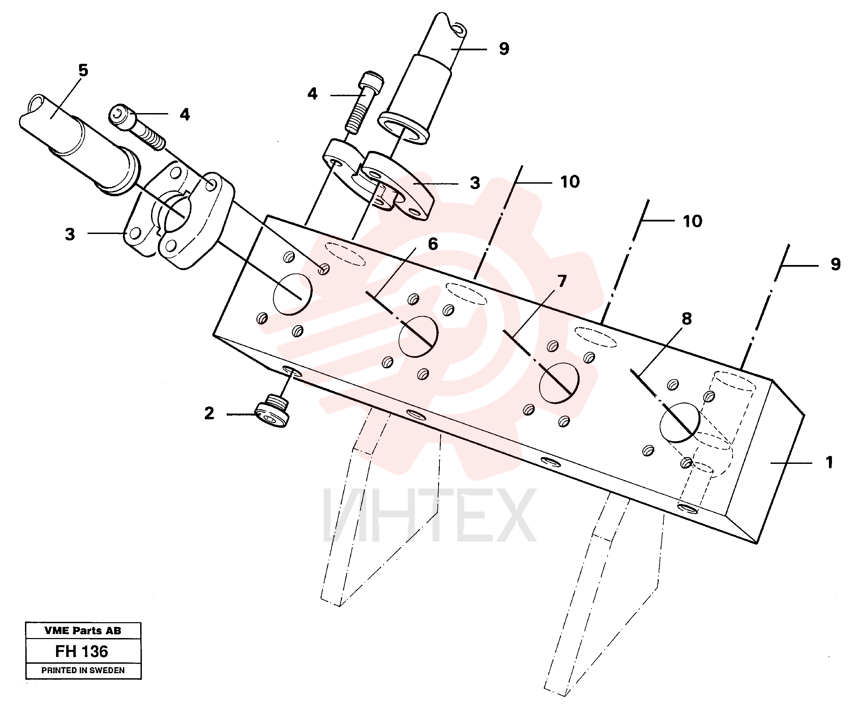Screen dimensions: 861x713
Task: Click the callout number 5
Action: (83, 71)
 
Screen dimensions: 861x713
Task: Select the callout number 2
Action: (209, 413)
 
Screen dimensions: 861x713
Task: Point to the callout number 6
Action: (433, 244)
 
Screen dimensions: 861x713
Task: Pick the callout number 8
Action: (687, 318)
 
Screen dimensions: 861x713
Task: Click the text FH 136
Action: (82, 652)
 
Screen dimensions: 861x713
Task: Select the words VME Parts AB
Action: (83, 631)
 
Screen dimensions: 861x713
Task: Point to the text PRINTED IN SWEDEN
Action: (83, 670)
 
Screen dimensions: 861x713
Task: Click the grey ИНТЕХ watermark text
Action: (429, 515)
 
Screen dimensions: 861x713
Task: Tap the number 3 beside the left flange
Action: (70, 234)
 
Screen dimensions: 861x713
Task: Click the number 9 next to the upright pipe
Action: (504, 49)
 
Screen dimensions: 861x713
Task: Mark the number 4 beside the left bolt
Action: (185, 114)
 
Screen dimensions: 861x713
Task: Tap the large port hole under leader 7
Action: (559, 383)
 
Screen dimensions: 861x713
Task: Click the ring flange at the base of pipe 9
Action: (403, 129)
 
